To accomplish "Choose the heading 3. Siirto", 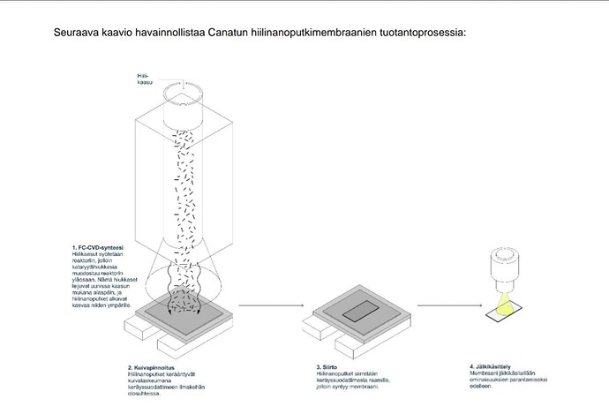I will point(327,365).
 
